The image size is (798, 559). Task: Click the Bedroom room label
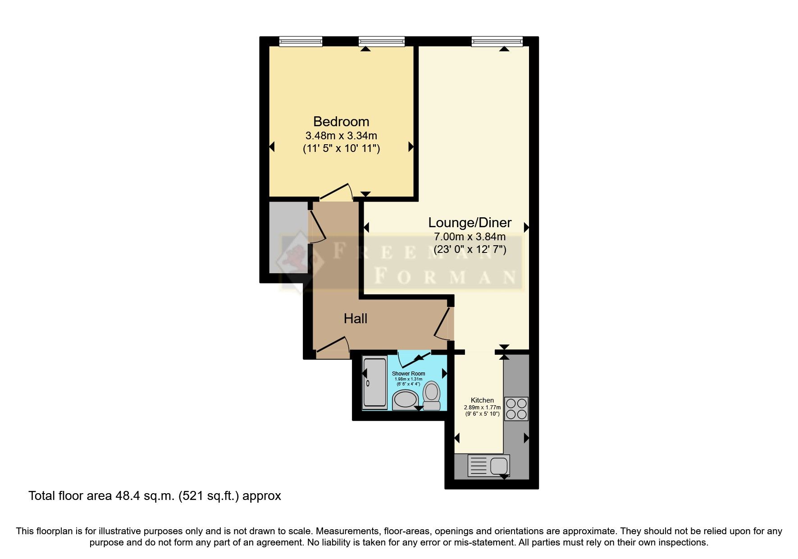(x=341, y=122)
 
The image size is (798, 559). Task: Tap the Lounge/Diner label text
(x=470, y=223)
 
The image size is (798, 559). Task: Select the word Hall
(x=356, y=319)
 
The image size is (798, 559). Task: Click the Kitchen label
(x=482, y=400)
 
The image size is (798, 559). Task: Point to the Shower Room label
(x=408, y=374)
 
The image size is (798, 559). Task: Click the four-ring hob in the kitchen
(x=516, y=409)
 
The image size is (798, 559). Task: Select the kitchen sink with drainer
(x=489, y=466)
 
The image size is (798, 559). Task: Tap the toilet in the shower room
(x=432, y=395)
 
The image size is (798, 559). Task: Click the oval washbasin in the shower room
(x=406, y=400)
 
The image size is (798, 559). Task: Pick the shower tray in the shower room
(x=375, y=383)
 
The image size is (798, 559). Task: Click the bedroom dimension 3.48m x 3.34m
(x=341, y=136)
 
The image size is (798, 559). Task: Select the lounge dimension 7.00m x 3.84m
(x=470, y=237)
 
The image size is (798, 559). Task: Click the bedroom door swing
(x=336, y=192)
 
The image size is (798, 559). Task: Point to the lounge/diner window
(x=497, y=42)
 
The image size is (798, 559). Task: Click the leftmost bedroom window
(x=301, y=42)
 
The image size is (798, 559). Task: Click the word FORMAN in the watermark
(x=446, y=276)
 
